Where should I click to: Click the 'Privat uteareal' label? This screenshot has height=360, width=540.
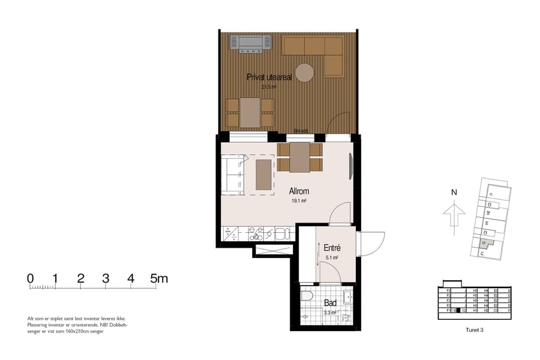coord(269,77)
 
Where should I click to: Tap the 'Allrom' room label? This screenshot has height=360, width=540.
coord(299,191)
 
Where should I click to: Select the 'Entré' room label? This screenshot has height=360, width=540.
coord(332,247)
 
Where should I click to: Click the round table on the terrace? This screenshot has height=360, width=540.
coord(304,73)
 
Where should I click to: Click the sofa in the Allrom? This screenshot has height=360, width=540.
coord(233,174)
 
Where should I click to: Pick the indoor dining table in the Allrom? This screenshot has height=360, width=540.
coord(299,157)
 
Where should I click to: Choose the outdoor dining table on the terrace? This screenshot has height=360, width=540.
coord(250,112)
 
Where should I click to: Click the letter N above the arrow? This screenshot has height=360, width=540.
coord(454,193)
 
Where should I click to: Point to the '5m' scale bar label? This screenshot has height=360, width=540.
coord(159,278)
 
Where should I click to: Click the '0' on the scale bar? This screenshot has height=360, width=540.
coord(31,278)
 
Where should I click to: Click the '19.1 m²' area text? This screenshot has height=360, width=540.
coord(298,202)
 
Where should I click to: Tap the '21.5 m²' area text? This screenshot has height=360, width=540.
coord(268,87)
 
